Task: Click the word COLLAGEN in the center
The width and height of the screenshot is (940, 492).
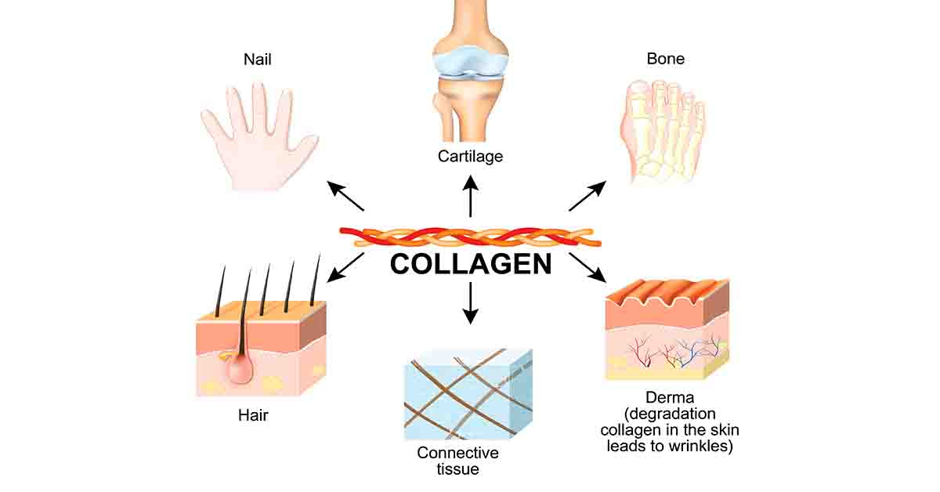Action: pos(470,263)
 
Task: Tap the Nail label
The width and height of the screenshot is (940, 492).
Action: pos(258,59)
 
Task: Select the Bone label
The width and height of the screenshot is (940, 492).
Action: pos(665,59)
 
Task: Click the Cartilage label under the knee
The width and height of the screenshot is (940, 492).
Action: pos(470,156)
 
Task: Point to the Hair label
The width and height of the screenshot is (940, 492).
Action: pos(253,415)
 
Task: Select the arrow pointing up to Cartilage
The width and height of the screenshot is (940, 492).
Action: pos(470,196)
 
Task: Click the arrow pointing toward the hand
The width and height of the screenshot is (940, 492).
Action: pos(345,197)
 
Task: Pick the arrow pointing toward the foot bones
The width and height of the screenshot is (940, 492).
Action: pos(587,196)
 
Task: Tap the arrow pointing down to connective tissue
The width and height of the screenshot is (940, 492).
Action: pos(470,302)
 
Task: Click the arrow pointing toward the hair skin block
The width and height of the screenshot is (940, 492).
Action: pos(346,266)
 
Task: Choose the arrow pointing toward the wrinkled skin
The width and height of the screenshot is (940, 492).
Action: pos(588,268)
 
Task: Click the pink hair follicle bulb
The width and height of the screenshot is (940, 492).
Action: pos(239,367)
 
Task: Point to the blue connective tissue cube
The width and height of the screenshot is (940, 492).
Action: pos(468,396)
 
